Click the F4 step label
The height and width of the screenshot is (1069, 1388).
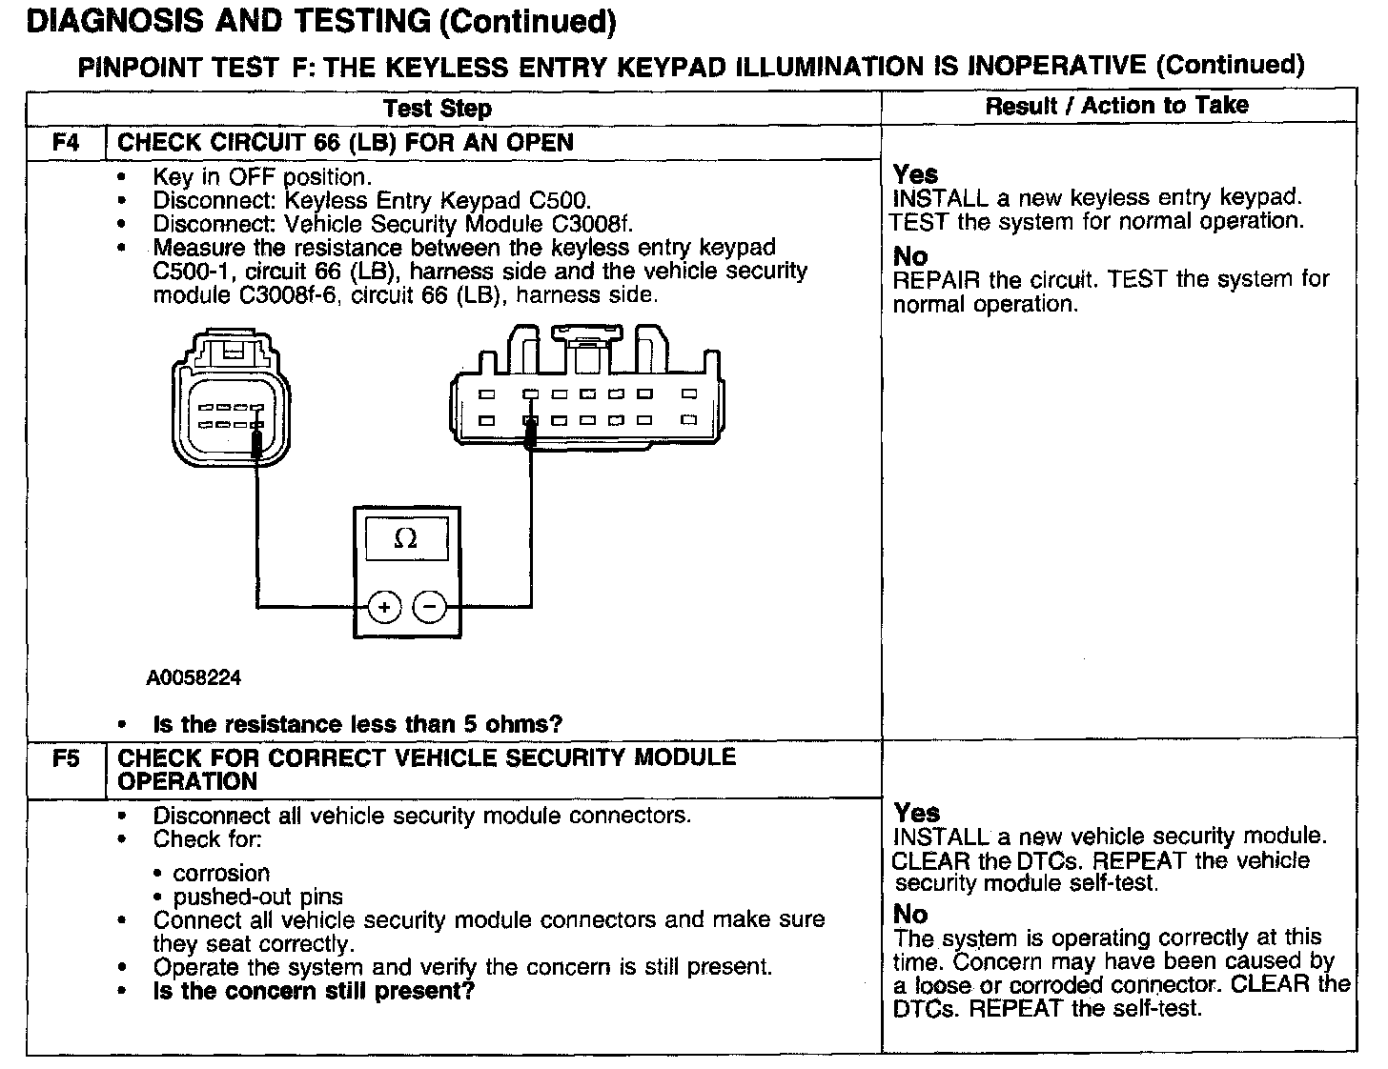(66, 143)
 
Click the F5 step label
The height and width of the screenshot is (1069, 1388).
(66, 759)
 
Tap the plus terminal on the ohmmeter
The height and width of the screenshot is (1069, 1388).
(384, 606)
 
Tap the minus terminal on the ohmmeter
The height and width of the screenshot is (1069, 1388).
(430, 606)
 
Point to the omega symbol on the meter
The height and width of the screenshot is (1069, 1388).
(405, 539)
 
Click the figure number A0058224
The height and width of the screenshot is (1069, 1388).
(194, 678)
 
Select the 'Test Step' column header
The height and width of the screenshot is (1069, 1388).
(438, 109)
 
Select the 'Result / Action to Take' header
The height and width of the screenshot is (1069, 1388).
(1116, 106)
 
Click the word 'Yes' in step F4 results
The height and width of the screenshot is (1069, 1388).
(915, 174)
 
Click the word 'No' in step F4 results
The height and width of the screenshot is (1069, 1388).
(910, 256)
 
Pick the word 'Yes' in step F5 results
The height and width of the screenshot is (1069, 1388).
(916, 813)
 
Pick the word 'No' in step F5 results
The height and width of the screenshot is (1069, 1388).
(910, 915)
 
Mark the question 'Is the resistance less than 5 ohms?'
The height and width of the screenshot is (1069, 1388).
(357, 724)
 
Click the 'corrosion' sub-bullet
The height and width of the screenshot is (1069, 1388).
(221, 874)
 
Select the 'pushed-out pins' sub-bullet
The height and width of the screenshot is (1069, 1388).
(257, 897)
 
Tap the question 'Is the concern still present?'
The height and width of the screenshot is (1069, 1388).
(314, 991)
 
